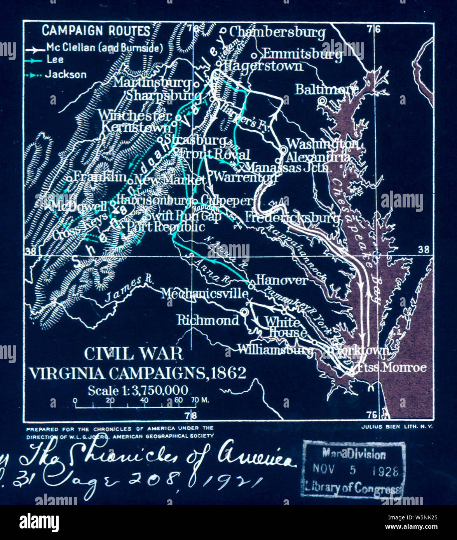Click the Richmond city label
coord(208,320)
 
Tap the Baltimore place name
coord(326,89)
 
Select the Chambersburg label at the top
coord(277,32)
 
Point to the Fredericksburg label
coord(291,217)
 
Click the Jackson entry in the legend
coord(65,74)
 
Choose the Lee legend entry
coord(55,60)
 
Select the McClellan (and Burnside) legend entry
coord(104,48)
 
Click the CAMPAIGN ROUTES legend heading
coord(96,31)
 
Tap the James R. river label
coord(129,289)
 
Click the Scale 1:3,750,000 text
coord(138,390)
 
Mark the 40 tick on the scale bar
coord(144,401)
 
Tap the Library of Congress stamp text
coord(353,487)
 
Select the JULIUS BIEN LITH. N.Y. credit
coord(396,427)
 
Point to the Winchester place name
coord(134,115)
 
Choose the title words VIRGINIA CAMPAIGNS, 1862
coord(138,373)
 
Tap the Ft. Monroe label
coord(391,367)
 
